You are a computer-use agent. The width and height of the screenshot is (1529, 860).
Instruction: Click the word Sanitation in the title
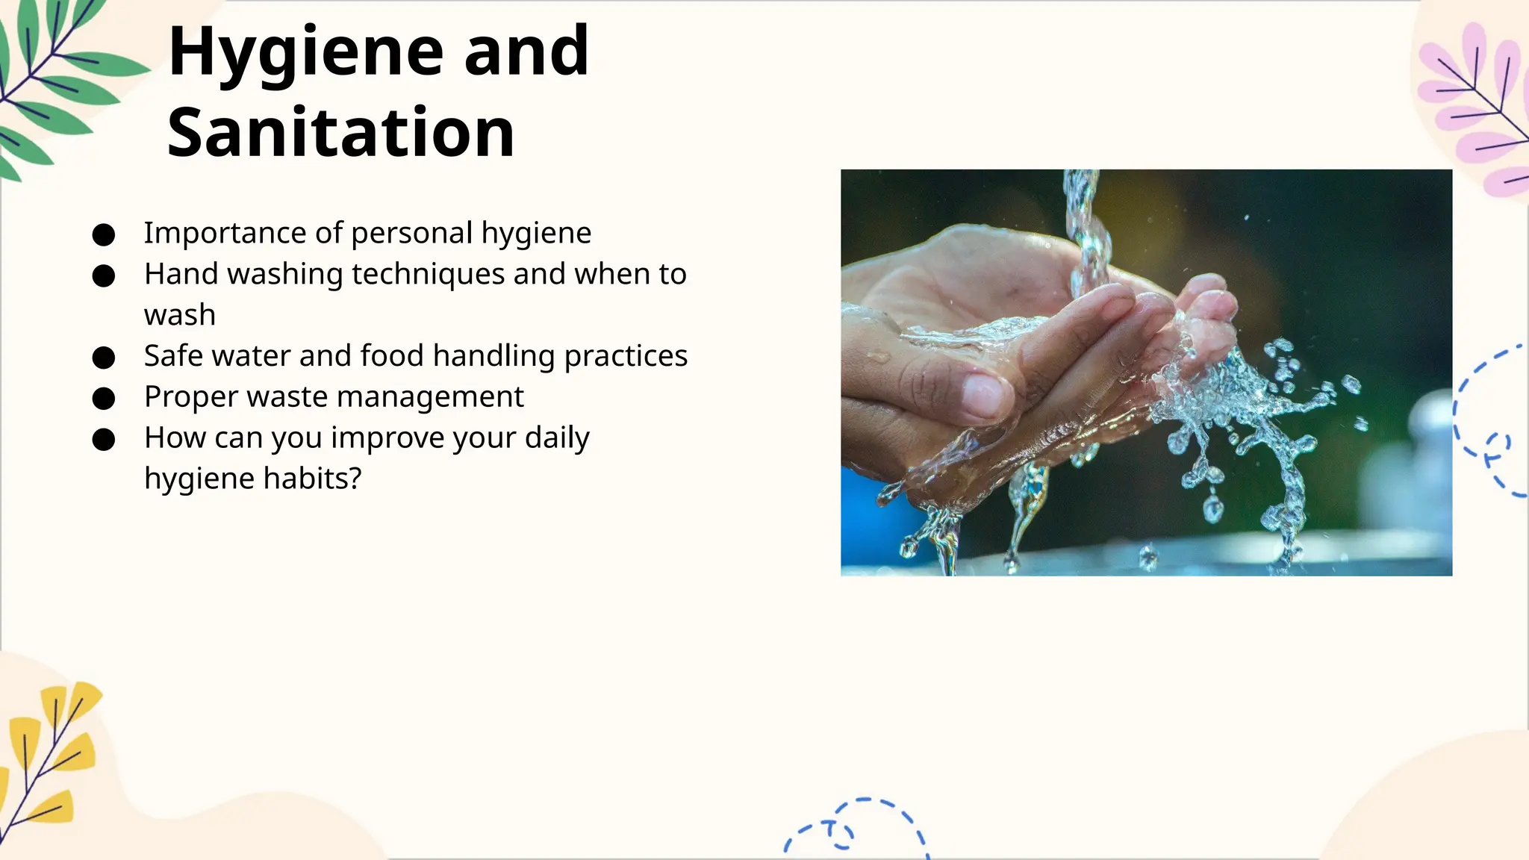pos(341,133)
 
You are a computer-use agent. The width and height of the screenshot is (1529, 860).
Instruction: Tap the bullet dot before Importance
pos(103,235)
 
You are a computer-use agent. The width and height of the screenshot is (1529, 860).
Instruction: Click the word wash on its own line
pos(180,315)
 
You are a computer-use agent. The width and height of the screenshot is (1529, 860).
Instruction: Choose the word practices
pos(626,356)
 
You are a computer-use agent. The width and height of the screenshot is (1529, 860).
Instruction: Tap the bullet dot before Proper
pos(103,399)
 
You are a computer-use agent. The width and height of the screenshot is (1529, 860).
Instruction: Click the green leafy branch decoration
pos(52,82)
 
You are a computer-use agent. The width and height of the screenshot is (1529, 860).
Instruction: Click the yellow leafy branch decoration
pos(49,754)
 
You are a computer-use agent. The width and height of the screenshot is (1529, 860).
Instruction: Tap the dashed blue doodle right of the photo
pos(1489,426)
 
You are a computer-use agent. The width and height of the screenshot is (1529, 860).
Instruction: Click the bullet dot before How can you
pos(103,440)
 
